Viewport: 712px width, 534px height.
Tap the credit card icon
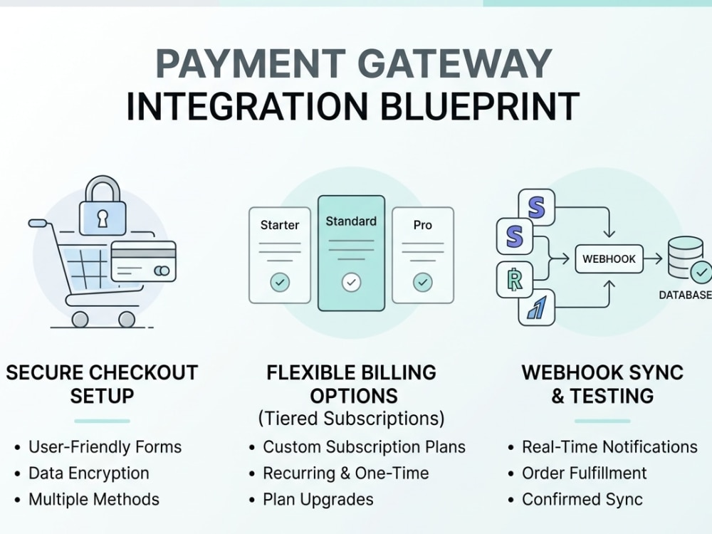click(144, 261)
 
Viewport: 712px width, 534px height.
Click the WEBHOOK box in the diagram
click(609, 259)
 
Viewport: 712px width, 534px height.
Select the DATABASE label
click(685, 295)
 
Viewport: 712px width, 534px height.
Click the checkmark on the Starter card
click(280, 282)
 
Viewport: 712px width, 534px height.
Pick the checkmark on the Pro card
click(423, 282)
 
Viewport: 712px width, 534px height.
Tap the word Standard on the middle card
click(351, 221)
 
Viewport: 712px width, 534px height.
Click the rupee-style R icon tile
click(515, 279)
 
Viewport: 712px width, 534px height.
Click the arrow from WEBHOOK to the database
click(653, 259)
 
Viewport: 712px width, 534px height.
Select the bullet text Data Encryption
click(89, 473)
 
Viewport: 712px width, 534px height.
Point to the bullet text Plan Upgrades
click(318, 500)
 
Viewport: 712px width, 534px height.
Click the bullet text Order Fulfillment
click(585, 473)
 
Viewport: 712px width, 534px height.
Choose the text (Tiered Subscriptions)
click(352, 418)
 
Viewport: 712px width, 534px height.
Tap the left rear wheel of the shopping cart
click(80, 319)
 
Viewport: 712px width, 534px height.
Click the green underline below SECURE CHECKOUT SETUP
click(102, 421)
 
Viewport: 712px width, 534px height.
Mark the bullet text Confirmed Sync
click(582, 500)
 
